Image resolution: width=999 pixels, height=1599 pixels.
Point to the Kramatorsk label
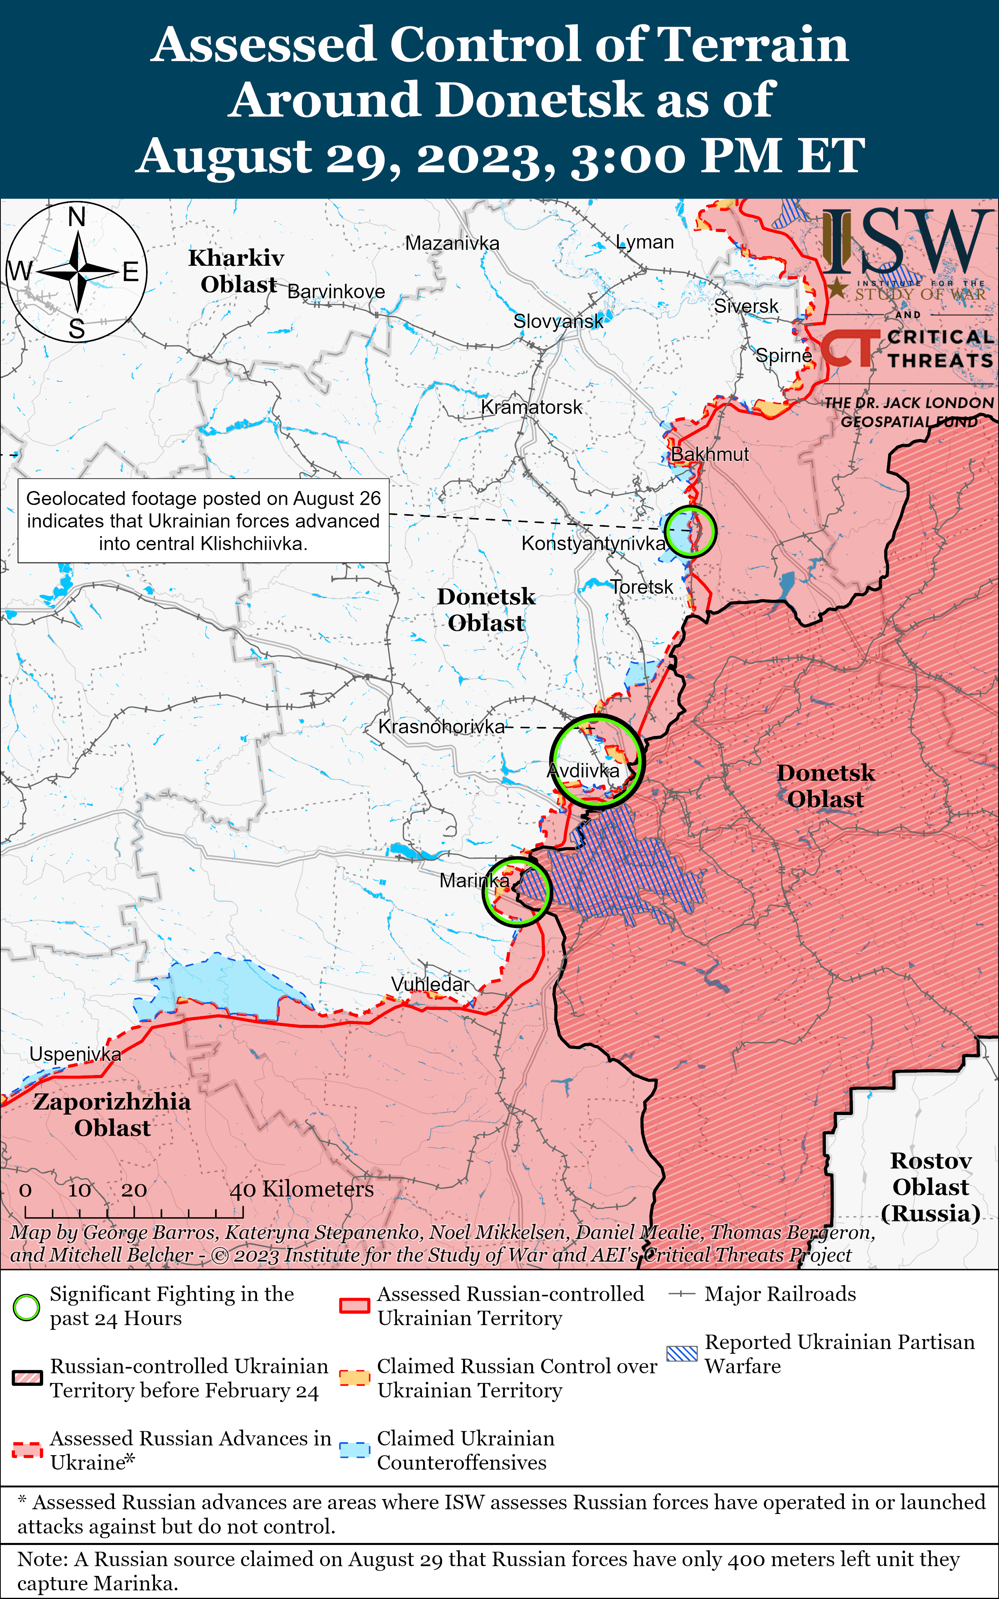click(x=531, y=407)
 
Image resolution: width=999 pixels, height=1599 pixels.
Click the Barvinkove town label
click(x=336, y=292)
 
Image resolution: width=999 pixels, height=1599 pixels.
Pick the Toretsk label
click(x=642, y=587)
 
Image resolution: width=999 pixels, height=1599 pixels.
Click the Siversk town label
click(x=746, y=306)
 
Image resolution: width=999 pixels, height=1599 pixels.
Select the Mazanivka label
click(x=452, y=243)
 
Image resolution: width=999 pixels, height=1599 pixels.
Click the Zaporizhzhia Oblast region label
click(x=112, y=1114)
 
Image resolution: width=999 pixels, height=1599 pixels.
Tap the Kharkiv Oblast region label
click(x=237, y=271)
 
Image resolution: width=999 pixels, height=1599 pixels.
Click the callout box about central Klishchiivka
click(x=203, y=521)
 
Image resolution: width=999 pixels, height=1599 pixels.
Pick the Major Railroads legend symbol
click(x=681, y=1294)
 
